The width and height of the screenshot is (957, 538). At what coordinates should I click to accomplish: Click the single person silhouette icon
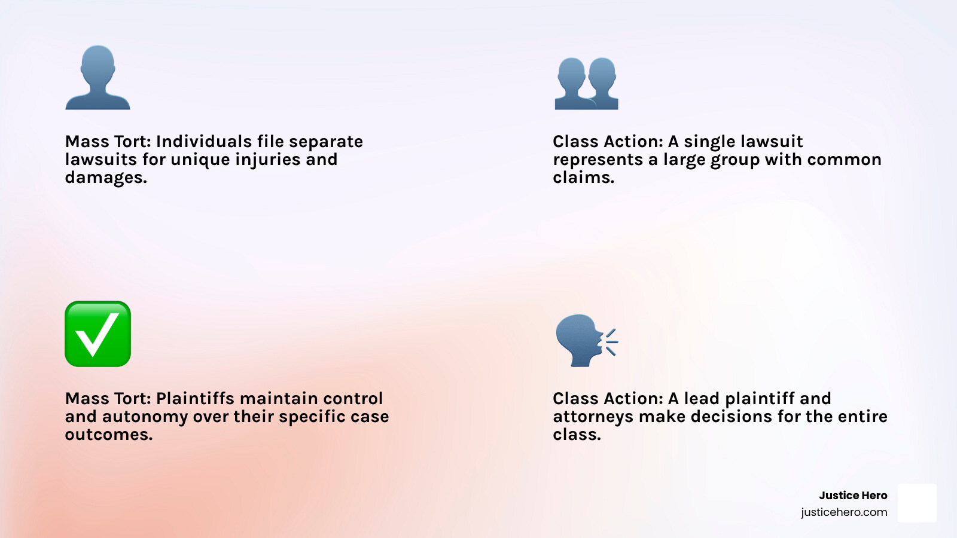[97, 78]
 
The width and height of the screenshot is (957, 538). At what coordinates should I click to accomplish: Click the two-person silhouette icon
[586, 84]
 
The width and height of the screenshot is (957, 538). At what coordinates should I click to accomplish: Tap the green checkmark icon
[97, 334]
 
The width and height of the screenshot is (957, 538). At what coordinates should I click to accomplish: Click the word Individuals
[204, 142]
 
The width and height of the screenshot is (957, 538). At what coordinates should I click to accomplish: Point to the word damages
[105, 178]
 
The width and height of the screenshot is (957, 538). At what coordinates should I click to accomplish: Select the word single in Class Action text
[710, 142]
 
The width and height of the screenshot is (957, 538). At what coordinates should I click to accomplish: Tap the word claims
[583, 178]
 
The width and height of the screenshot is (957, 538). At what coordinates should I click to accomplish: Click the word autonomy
[145, 417]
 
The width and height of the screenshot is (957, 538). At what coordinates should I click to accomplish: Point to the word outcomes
[108, 435]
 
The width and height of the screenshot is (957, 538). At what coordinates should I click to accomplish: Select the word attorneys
[593, 417]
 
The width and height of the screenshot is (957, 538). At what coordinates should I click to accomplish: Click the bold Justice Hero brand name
[853, 496]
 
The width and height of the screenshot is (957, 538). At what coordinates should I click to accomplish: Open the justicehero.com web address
[844, 512]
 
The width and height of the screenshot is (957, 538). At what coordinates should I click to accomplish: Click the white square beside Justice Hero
[917, 503]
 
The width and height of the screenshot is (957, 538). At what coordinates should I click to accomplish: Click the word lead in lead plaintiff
[702, 399]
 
